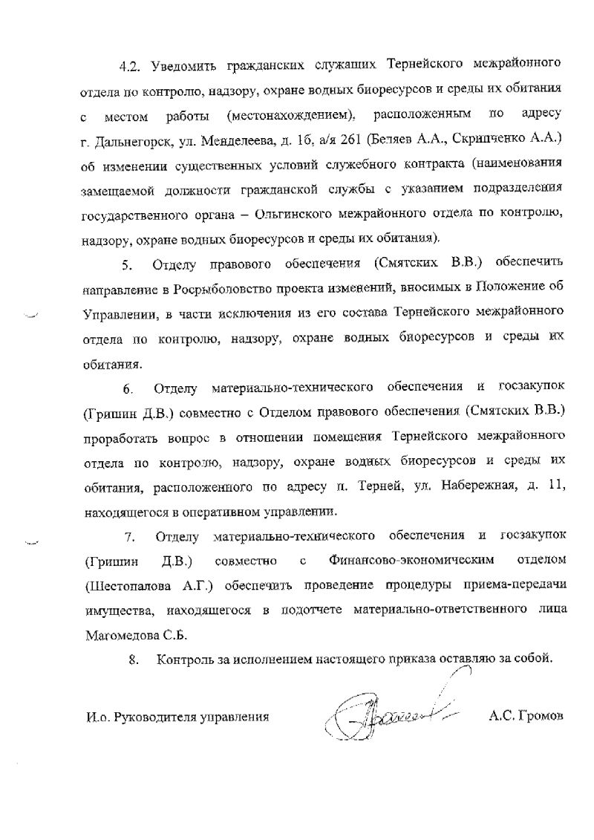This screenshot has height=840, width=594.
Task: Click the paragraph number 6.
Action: pyautogui.click(x=127, y=388)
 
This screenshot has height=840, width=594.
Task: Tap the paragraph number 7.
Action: pyautogui.click(x=127, y=536)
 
